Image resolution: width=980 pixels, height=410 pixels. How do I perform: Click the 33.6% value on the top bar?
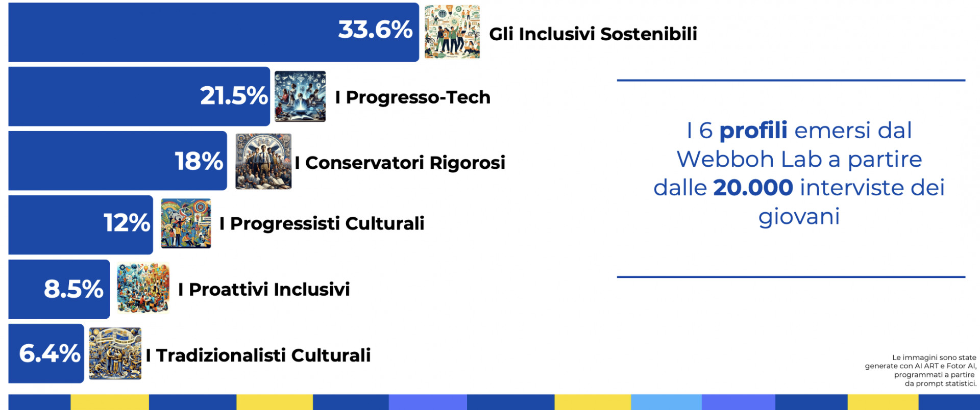point(375,30)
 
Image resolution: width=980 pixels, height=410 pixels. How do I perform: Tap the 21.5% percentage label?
point(234,95)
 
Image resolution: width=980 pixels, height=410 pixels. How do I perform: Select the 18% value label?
point(199,161)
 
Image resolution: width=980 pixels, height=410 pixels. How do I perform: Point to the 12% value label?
point(127,223)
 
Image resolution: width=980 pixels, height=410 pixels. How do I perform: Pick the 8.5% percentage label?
point(73,289)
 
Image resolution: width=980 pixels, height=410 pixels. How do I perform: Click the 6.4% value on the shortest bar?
point(50,353)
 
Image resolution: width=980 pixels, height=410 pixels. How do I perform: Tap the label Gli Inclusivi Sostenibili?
point(593,34)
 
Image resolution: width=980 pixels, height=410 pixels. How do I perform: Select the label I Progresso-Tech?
point(413,97)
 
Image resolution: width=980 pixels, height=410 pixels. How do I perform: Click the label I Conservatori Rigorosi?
point(400,163)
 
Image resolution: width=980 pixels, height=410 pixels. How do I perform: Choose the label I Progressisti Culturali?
point(322,223)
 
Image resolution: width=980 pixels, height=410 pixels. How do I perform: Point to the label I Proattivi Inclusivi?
point(264,289)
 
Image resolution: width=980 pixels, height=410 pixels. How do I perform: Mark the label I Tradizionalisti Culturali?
point(258,355)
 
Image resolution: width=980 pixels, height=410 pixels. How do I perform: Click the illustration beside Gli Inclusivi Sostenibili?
point(452,32)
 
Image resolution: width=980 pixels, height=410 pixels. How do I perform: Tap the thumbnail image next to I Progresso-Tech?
point(300,96)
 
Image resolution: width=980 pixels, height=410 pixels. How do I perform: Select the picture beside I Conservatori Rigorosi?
point(263,161)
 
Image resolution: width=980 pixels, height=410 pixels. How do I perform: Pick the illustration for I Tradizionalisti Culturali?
point(115,353)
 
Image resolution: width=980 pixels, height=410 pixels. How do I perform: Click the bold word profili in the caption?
point(753,131)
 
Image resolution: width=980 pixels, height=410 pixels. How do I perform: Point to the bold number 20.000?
point(753,188)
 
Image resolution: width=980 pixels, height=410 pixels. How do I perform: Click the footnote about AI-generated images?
point(921,371)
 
